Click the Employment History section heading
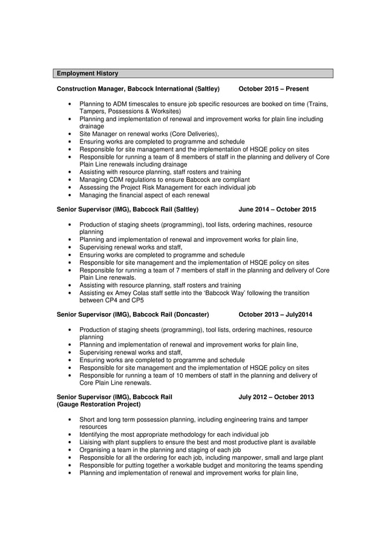tap(88, 73)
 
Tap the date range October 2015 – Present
tap(273, 89)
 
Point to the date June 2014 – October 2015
tap(277, 210)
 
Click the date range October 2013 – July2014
tap(275, 314)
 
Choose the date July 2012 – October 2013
tap(276, 397)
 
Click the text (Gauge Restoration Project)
tap(98, 404)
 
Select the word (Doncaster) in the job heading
tap(191, 314)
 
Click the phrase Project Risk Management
tap(155, 188)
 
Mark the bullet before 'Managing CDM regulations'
tap(72, 180)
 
